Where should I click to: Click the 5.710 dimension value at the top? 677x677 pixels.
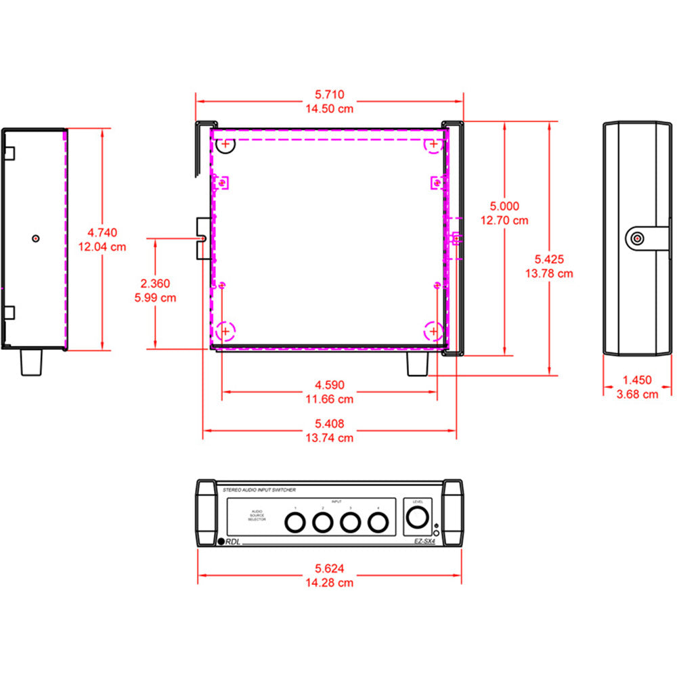coord(329,94)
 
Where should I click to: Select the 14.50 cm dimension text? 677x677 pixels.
coord(329,108)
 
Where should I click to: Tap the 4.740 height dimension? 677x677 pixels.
coord(102,233)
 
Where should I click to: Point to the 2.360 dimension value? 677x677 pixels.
coord(156,284)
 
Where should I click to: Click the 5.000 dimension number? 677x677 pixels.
coord(504,206)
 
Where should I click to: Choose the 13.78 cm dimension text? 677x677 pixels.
coord(549,274)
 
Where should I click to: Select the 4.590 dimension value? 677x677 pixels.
coord(329,385)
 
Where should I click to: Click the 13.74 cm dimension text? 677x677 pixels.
coord(329,438)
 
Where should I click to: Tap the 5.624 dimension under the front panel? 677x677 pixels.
coord(329,569)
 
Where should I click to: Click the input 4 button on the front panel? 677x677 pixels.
coord(377,522)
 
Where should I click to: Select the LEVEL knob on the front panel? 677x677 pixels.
coord(416,518)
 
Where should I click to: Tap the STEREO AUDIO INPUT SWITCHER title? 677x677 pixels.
coord(259,489)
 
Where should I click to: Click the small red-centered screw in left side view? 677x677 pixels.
coord(36,238)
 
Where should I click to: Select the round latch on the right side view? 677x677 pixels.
coord(637,238)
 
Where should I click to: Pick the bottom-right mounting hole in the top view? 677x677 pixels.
coord(433,331)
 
